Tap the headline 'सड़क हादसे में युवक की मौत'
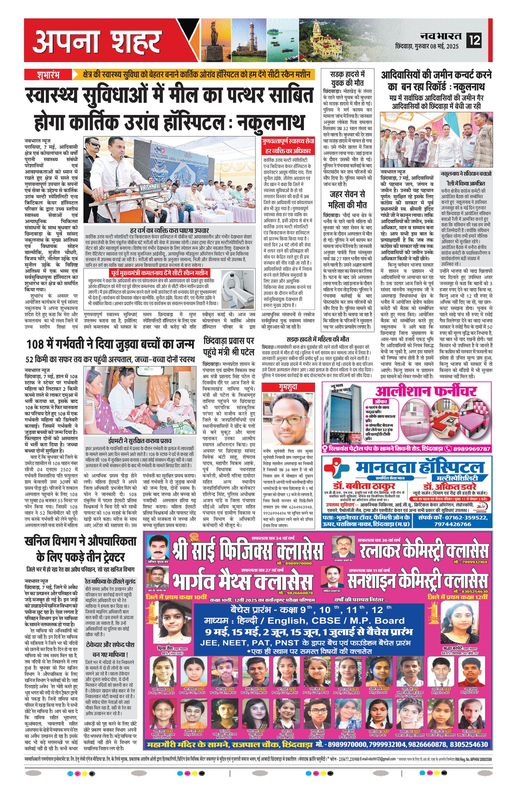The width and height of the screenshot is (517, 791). point(347,78)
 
